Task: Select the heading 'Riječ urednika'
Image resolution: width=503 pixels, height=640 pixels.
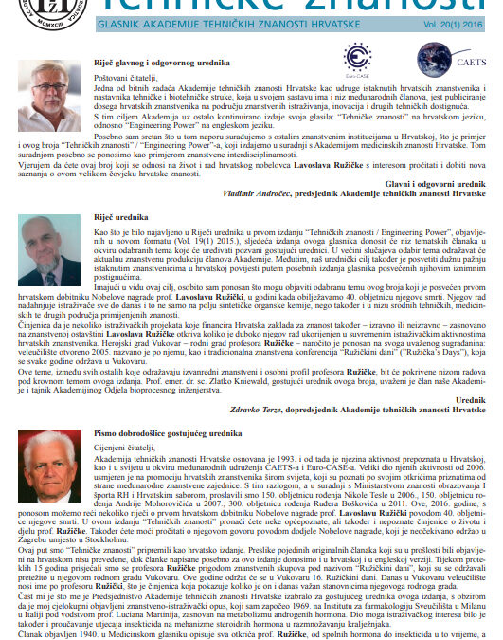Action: (112, 217)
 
